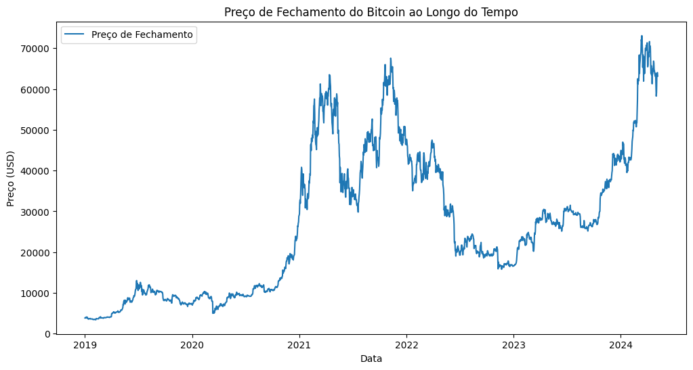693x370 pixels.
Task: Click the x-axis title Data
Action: point(371,359)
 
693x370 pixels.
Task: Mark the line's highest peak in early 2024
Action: point(642,37)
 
